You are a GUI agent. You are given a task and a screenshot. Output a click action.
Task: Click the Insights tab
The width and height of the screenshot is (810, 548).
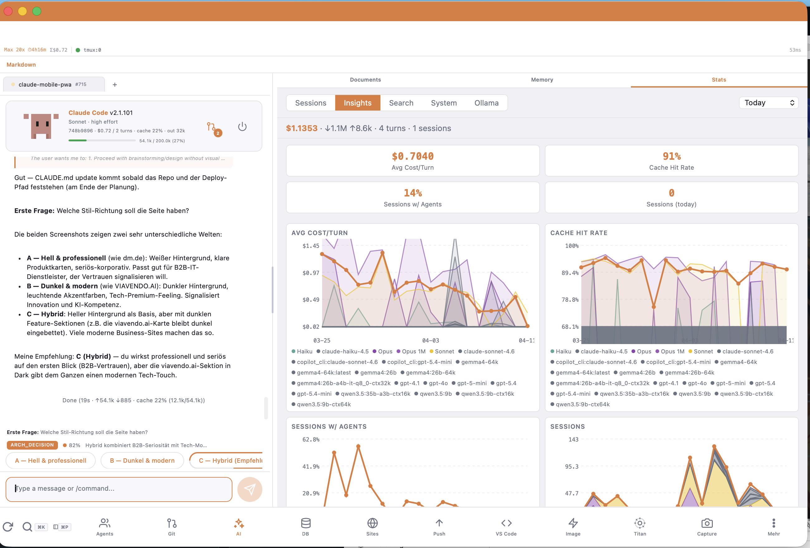coord(357,103)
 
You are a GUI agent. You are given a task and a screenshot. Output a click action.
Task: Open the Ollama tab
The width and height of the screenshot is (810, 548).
coord(486,103)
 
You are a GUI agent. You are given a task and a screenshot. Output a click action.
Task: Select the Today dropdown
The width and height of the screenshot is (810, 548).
coord(768,103)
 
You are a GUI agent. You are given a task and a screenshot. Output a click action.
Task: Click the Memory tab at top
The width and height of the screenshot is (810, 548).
coord(542,80)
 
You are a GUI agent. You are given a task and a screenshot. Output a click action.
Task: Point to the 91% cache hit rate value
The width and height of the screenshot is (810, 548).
coord(671,156)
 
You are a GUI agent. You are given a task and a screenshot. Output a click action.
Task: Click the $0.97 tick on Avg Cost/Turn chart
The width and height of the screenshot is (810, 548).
coord(311,273)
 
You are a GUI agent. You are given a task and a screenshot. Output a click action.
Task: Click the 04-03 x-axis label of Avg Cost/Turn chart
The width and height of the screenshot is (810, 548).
coord(431,340)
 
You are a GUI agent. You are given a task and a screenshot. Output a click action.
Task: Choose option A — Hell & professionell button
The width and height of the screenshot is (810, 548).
coord(50,461)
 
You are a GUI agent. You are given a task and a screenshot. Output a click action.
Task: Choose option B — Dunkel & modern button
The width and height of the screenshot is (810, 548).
coord(142,461)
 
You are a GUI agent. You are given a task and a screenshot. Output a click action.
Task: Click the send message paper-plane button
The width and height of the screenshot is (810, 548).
coord(250,489)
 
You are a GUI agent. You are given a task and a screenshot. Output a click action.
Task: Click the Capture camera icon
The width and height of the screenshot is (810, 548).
coord(707,523)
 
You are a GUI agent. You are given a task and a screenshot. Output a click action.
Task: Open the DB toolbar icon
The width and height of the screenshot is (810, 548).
coord(305,523)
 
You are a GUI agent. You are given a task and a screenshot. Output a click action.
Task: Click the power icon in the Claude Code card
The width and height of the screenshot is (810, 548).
coord(242,126)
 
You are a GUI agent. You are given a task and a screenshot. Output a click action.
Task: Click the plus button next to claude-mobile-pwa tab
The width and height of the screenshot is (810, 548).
coord(115,85)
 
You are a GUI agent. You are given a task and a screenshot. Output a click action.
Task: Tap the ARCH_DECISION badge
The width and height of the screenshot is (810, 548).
coord(32,445)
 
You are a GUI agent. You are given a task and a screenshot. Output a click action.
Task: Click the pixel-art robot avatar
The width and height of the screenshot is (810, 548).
coord(41,126)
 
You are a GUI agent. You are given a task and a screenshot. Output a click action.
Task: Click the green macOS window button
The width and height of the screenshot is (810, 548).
coord(36,12)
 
